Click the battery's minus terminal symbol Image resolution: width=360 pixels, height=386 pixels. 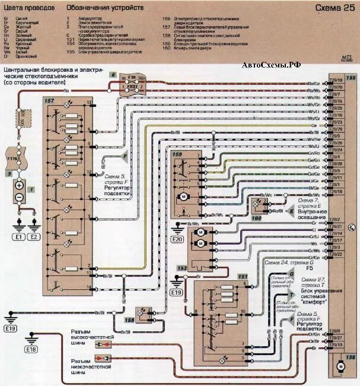pos(19,197)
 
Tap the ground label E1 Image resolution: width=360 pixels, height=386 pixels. pos(18,236)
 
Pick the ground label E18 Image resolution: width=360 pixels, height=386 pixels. pos(31,349)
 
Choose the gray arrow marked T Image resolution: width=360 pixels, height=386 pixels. pos(290,296)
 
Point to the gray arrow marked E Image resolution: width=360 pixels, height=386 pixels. pos(291,211)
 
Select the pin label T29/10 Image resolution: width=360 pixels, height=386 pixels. pos(336,344)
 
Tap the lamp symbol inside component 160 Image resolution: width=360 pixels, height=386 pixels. pos(257,207)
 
